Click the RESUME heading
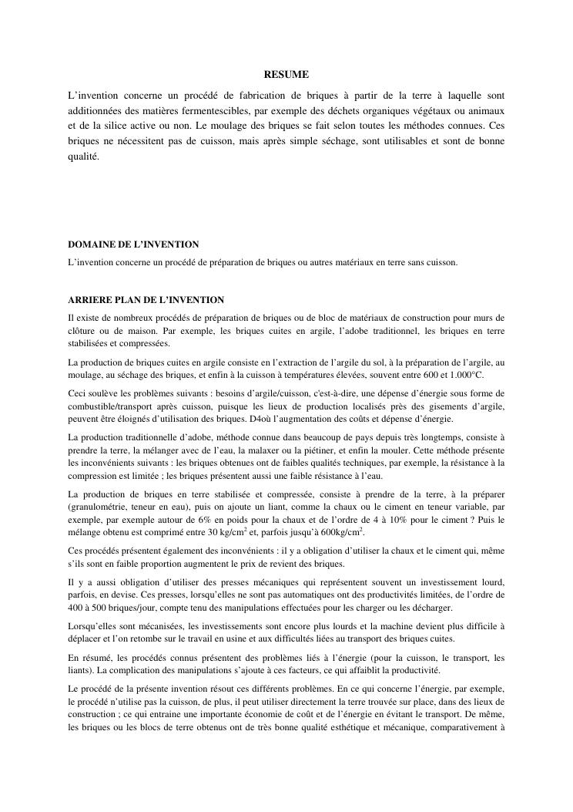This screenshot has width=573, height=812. coord(286,75)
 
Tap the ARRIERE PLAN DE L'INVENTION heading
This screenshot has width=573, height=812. coord(146,299)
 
